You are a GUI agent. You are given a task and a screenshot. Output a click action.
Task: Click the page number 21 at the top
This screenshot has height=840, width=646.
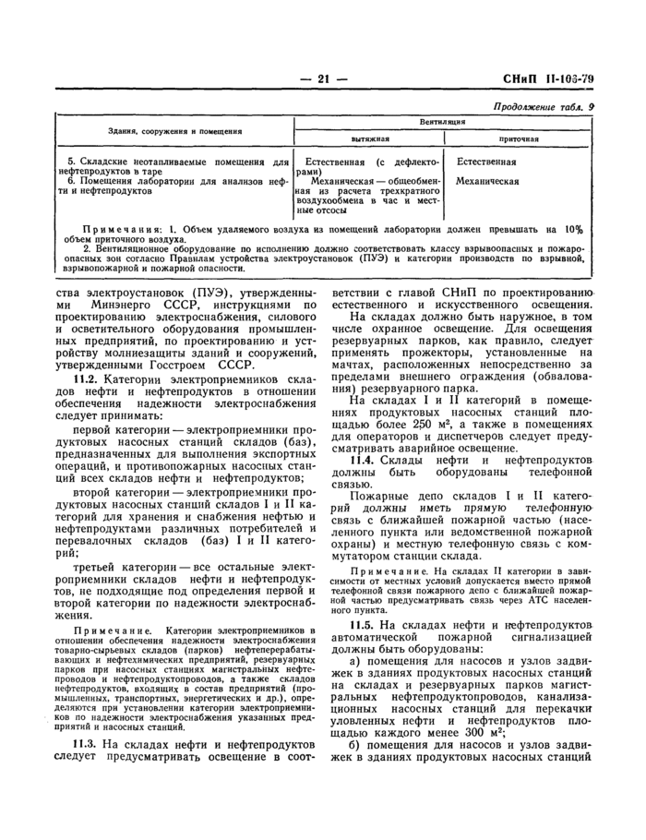323,79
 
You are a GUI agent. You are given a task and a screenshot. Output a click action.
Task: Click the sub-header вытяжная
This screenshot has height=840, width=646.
367,138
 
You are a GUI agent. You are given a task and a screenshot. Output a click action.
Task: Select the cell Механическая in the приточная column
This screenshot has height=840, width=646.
487,182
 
